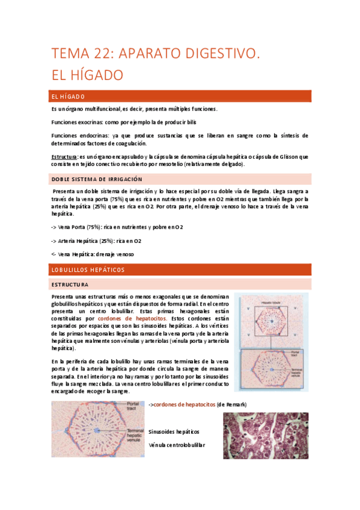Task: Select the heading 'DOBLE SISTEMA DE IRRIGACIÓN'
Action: [x=97, y=179]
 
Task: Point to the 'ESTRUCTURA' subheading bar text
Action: [x=70, y=284]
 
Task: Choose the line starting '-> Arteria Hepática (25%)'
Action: [x=97, y=241]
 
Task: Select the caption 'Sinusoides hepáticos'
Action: [x=174, y=432]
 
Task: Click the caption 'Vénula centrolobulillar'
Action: [x=176, y=445]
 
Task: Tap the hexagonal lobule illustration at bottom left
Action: [x=98, y=429]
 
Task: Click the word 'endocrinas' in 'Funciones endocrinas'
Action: [x=91, y=136]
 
